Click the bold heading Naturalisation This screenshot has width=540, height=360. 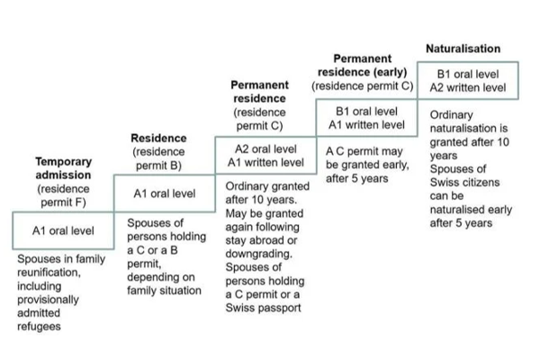[x=463, y=49]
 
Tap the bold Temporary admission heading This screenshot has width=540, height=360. [x=63, y=168]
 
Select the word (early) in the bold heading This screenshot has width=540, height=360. [x=391, y=72]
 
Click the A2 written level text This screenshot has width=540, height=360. [x=468, y=87]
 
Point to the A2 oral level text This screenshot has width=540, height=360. [x=265, y=148]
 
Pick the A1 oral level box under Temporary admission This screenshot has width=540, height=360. [x=63, y=230]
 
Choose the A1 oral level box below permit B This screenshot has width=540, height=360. [x=165, y=193]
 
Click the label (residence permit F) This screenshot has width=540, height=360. [x=63, y=195]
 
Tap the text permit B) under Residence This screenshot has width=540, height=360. [x=158, y=166]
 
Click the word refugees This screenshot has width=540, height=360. [x=39, y=326]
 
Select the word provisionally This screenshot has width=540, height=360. [x=48, y=300]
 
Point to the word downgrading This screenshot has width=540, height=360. [x=258, y=254]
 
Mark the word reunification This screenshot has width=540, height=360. [x=49, y=273]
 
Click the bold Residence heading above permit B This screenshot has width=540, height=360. [x=158, y=138]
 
